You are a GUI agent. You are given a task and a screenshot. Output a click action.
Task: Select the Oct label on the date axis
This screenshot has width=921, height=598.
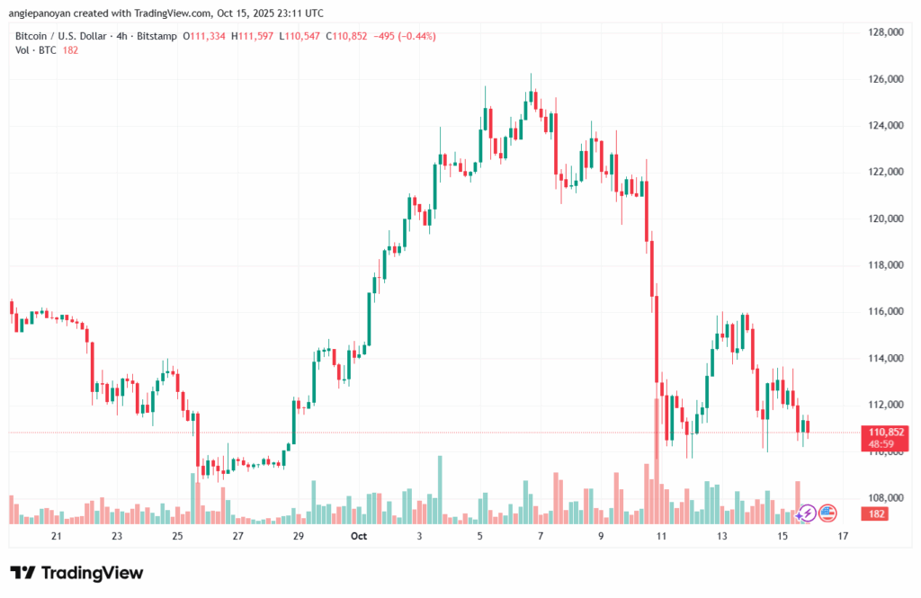pos(359,537)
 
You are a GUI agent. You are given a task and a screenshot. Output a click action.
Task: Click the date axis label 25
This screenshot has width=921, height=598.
pos(177,537)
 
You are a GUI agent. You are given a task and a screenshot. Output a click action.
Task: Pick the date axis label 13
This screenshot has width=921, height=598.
pos(721,537)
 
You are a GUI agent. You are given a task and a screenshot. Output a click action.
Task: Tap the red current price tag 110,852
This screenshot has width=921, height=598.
pos(881,433)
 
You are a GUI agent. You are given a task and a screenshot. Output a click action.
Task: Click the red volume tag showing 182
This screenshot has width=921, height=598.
pos(876,513)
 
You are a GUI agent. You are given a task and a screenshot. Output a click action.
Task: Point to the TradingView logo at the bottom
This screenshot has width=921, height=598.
pos(76,573)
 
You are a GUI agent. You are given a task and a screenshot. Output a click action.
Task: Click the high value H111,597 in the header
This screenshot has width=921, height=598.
pos(253,36)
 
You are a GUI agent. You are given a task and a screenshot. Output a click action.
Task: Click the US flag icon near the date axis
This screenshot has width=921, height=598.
pos(827,513)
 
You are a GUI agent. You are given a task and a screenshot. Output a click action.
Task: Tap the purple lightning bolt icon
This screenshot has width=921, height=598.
pos(807,513)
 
